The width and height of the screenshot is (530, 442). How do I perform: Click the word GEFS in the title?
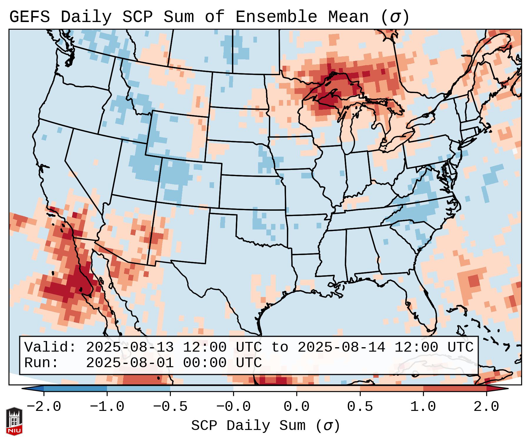29,17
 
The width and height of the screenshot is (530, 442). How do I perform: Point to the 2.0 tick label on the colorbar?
486,407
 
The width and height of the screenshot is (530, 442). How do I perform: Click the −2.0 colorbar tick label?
44,407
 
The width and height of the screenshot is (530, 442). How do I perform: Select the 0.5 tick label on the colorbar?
360,407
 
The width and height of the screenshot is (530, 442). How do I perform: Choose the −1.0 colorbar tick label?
107,407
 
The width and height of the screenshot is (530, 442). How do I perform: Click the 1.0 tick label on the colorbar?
423,407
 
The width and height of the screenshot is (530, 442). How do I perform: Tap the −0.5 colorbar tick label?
170,407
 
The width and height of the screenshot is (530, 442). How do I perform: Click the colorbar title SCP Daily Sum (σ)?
265,426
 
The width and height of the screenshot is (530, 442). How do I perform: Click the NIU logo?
14,421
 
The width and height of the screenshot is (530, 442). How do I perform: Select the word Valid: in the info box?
50,347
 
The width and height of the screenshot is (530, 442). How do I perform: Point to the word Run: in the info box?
41,363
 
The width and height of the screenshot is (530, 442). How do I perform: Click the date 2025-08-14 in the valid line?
341,347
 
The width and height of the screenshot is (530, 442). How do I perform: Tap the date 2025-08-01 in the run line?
130,363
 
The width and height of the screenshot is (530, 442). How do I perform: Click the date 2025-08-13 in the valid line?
130,347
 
